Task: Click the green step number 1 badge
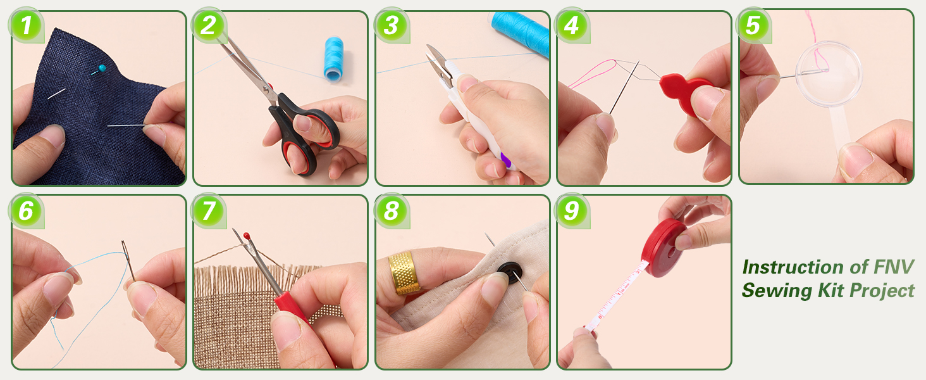click(26, 26)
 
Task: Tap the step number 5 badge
click(753, 26)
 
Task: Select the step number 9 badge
click(571, 210)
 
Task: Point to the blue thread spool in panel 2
click(333, 59)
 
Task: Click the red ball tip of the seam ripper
click(247, 235)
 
